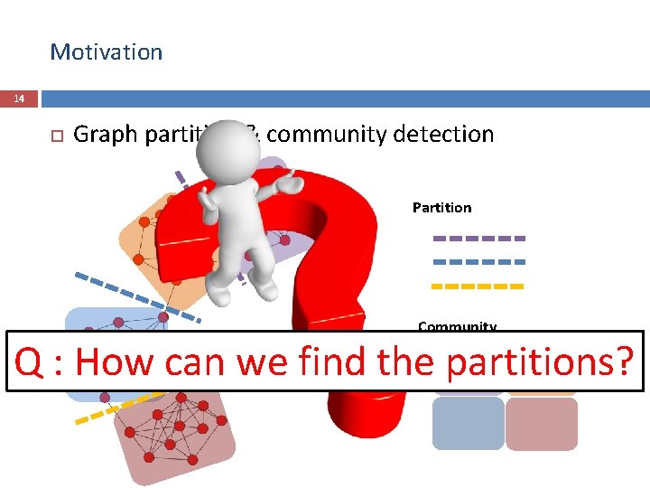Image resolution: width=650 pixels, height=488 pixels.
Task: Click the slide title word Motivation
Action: point(107,52)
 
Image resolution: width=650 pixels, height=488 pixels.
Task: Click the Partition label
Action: point(441,208)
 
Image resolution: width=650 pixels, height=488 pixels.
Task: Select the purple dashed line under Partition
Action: point(478,239)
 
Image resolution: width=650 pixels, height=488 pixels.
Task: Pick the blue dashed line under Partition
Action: point(478,262)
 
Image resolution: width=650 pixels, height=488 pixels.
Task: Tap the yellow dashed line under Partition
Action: point(478,286)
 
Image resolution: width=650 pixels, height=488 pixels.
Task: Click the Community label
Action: point(457,326)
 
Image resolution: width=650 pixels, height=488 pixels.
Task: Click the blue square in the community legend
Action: point(468,424)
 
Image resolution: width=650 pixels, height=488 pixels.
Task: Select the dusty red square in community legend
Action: point(541,424)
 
